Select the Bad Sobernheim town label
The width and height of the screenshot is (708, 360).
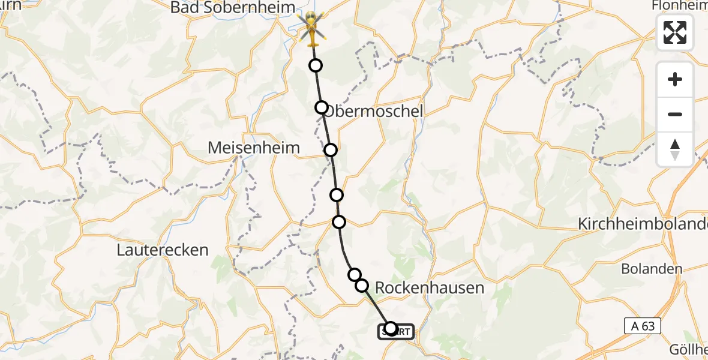click(x=233, y=8)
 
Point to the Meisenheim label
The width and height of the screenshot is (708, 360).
click(x=254, y=147)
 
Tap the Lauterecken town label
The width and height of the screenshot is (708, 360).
click(x=163, y=250)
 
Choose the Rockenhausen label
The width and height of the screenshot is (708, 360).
click(x=429, y=287)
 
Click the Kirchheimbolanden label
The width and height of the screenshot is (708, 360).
click(x=642, y=224)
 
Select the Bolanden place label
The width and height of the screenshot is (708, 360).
click(x=652, y=268)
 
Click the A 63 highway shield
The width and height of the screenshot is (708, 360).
click(x=642, y=326)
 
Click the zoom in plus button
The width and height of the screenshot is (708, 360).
click(x=675, y=79)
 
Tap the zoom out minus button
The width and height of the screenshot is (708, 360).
click(x=675, y=114)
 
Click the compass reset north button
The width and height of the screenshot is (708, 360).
click(x=675, y=149)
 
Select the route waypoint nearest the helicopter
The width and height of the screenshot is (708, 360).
click(x=315, y=65)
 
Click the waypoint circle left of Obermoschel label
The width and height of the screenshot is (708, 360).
click(x=322, y=107)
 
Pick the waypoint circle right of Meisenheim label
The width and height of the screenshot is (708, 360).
click(x=331, y=150)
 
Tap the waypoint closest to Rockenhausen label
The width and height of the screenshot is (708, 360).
click(x=362, y=285)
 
